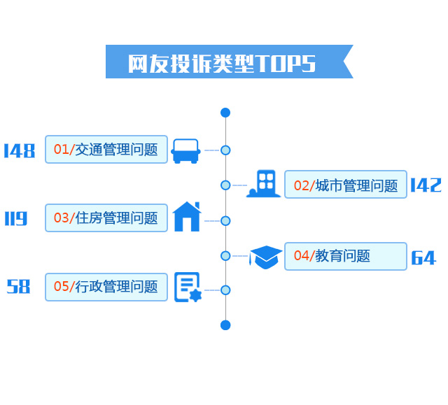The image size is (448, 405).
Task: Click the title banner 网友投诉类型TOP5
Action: (x=223, y=62)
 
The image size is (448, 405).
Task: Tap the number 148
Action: (x=19, y=150)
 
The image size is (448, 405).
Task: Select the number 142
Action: (x=426, y=185)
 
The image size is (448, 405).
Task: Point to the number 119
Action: (x=15, y=219)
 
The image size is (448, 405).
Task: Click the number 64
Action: (x=423, y=258)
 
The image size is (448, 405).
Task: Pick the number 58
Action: (x=19, y=287)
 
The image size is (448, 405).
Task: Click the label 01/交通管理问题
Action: (x=106, y=149)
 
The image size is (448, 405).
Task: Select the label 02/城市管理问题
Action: (x=346, y=185)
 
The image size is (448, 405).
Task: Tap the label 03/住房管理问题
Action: (x=106, y=218)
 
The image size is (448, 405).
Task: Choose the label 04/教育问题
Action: (x=346, y=256)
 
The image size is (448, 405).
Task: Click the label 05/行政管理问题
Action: (x=106, y=287)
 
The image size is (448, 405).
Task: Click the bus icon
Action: (x=185, y=150)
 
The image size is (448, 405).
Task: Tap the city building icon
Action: (x=264, y=184)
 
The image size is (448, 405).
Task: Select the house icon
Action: (x=187, y=217)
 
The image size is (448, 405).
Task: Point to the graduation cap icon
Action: (x=266, y=257)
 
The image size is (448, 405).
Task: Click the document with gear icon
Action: (x=187, y=287)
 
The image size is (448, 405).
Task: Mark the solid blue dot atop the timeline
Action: (x=225, y=113)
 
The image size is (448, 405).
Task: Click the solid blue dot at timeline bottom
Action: (x=225, y=325)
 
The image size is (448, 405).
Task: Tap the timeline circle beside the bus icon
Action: (x=225, y=150)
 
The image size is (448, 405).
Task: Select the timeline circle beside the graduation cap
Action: (x=225, y=255)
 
